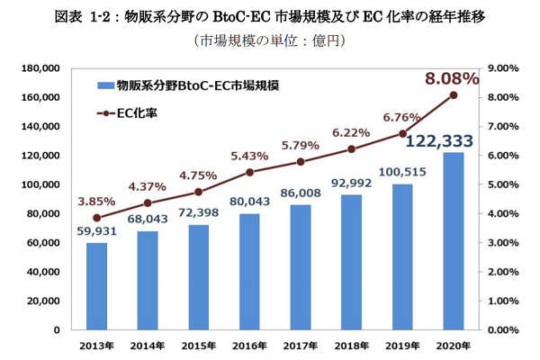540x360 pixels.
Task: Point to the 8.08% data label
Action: (452, 79)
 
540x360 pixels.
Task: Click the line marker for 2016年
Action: (249, 172)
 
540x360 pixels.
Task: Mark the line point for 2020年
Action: (454, 94)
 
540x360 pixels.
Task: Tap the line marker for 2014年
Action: (148, 202)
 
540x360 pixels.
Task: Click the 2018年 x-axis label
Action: (351, 345)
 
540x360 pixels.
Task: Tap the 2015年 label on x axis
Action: (198, 345)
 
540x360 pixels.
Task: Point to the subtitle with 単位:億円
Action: (269, 40)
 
